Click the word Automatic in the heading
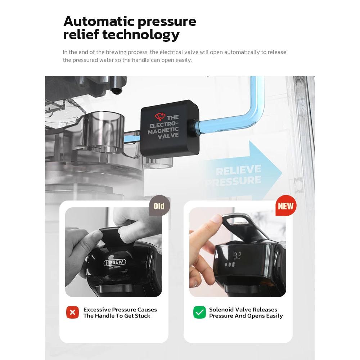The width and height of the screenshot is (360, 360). pyautogui.click(x=99, y=21)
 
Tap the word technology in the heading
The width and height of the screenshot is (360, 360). pyautogui.click(x=141, y=35)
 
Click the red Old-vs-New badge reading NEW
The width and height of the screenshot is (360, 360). pyautogui.click(x=286, y=206)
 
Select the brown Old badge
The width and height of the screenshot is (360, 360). pyautogui.click(x=159, y=206)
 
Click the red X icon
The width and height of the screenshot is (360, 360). pyautogui.click(x=73, y=312)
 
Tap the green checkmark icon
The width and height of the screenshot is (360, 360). pyautogui.click(x=199, y=312)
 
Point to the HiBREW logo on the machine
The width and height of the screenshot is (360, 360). pyautogui.click(x=115, y=262)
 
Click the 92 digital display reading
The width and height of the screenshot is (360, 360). pyautogui.click(x=237, y=256)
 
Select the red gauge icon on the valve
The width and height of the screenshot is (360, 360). pyautogui.click(x=160, y=116)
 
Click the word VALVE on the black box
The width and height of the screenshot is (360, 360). pyautogui.click(x=168, y=136)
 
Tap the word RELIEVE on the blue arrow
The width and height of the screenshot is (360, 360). pyautogui.click(x=238, y=170)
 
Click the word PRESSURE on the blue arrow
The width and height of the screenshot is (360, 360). pyautogui.click(x=233, y=181)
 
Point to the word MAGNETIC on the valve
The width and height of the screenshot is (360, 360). pyautogui.click(x=163, y=131)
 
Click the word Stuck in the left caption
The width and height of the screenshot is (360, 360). pyautogui.click(x=143, y=316)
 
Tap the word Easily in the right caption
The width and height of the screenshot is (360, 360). pyautogui.click(x=274, y=316)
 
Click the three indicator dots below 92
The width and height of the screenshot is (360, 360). pyautogui.click(x=230, y=265)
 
